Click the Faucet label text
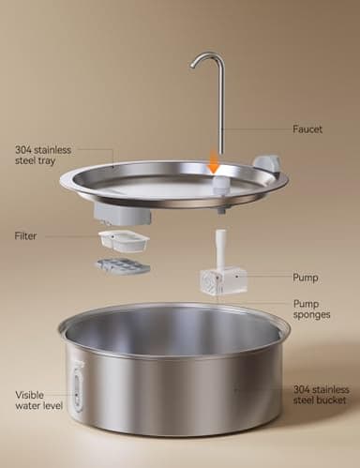(x=307, y=129)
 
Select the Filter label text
(x=25, y=236)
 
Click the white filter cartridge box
(x=124, y=241)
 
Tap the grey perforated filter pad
(x=122, y=267)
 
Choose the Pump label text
(x=305, y=278)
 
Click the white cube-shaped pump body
(x=223, y=279)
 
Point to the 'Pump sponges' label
(x=311, y=309)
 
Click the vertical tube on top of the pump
(x=220, y=249)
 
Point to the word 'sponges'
(x=311, y=316)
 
